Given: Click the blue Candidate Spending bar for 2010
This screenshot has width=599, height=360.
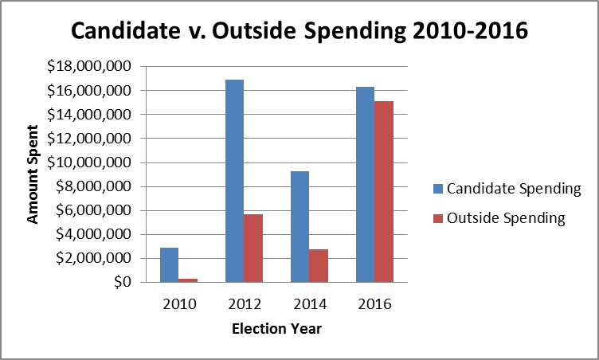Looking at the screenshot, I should point(169,265).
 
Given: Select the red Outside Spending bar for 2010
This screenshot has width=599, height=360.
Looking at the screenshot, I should point(187,280).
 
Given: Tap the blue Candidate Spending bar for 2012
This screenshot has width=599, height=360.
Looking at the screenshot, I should point(234,181).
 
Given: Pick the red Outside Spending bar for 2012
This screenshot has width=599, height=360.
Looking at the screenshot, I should point(253,248).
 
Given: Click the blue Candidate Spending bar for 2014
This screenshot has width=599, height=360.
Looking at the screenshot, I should point(299,227).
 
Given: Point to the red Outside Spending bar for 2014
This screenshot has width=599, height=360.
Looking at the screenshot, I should point(318,266).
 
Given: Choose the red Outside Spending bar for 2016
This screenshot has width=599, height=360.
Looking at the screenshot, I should point(383,192).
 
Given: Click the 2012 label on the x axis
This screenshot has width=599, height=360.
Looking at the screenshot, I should point(243,303).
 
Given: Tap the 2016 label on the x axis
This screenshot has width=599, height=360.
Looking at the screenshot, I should point(374,303).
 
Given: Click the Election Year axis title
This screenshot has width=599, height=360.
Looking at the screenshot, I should point(276,328).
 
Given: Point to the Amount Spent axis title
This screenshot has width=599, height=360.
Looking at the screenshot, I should point(33,174).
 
